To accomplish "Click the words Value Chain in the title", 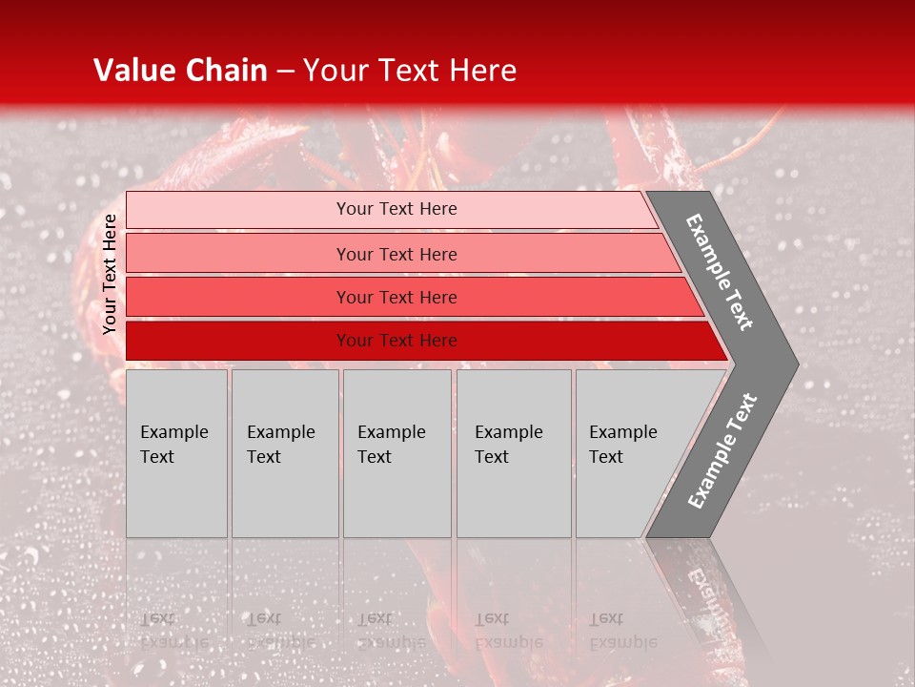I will point(180,71).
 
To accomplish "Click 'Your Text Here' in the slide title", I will point(410,71).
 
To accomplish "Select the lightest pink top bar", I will point(238,210).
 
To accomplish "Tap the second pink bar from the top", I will point(238,254).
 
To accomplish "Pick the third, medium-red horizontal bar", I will point(238,297).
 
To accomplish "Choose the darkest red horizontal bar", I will point(238,341).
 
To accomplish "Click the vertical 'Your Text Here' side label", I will point(110,274).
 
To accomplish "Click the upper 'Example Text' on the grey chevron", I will point(720,272).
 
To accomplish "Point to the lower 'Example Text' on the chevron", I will point(722,450).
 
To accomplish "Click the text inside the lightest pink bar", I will point(396,209).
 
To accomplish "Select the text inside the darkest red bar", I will point(396,341).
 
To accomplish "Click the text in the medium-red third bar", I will point(396,298).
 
